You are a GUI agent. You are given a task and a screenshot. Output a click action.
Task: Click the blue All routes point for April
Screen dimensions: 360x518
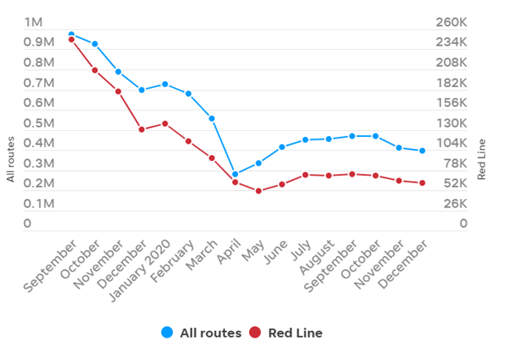236,174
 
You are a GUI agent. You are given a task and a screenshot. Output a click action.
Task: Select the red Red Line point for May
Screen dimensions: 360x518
259,191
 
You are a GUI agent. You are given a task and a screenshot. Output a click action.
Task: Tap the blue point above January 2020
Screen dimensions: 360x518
165,85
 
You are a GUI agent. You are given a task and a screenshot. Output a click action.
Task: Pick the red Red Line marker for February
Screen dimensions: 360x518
188,141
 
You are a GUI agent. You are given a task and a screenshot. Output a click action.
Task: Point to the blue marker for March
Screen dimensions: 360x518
213,119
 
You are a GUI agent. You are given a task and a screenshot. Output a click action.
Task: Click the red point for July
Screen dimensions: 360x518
305,175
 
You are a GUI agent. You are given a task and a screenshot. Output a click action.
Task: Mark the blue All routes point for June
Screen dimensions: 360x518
282,147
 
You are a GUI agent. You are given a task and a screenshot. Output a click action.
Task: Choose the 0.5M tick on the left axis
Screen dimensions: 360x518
39,124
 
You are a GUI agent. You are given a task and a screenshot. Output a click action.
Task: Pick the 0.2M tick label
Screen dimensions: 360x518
39,183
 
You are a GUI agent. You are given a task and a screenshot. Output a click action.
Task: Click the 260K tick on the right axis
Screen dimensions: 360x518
452,22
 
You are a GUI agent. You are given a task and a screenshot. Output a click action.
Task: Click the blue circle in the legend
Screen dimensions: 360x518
168,333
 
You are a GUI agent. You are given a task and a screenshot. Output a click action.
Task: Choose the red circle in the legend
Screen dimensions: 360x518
255,333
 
